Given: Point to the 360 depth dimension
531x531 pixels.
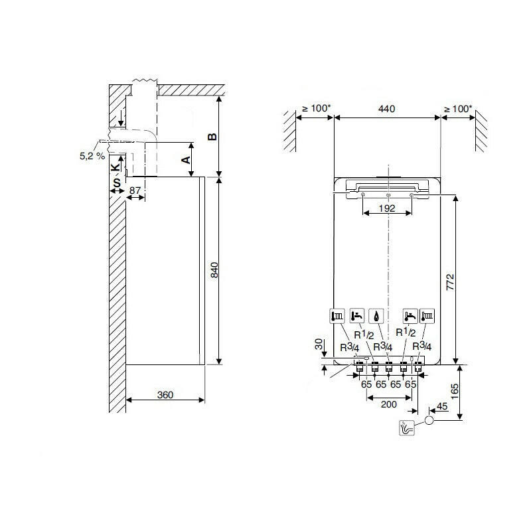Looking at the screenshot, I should (x=165, y=395).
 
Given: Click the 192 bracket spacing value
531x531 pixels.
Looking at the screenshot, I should (x=387, y=208).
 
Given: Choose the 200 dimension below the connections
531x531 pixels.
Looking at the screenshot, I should (x=389, y=403).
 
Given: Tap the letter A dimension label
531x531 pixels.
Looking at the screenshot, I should (x=187, y=159).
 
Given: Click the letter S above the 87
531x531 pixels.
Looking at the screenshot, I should (x=115, y=181).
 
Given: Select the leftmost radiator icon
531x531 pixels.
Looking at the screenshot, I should (x=337, y=316).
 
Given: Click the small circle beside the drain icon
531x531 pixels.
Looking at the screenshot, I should (x=429, y=420).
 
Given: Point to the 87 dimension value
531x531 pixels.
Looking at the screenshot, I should (x=135, y=191).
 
